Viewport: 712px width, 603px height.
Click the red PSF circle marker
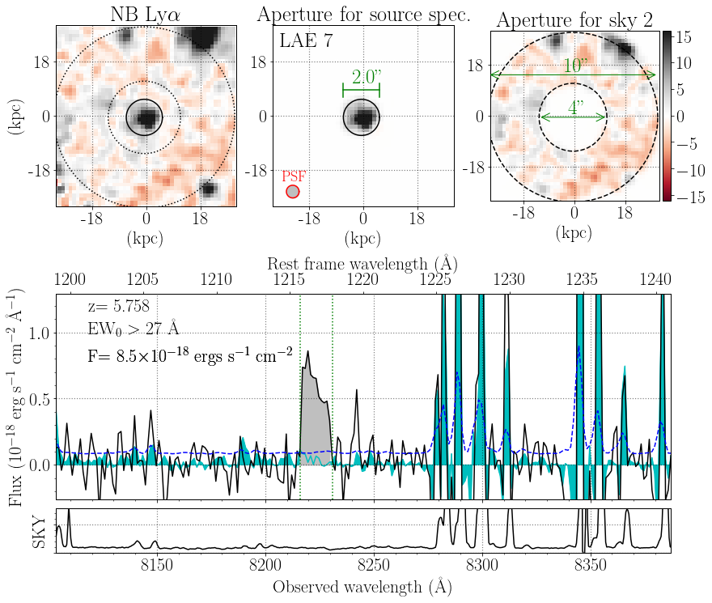point(292,192)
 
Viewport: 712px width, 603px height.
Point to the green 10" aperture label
point(574,66)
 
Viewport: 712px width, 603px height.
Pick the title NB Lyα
point(146,14)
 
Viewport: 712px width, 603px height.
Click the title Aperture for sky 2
point(576,20)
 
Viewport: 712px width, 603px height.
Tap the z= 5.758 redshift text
point(118,308)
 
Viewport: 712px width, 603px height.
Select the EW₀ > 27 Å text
point(134,329)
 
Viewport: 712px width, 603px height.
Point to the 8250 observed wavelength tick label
point(374,563)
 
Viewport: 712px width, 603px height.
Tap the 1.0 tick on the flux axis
point(40,333)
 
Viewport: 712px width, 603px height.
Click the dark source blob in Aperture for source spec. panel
point(362,118)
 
